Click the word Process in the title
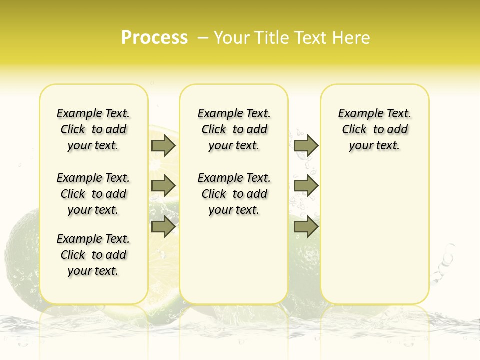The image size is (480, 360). [x=154, y=38]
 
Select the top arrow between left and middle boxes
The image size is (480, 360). [x=163, y=145]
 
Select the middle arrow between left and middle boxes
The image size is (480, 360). [x=163, y=186]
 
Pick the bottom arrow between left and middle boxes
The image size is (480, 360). [x=163, y=227]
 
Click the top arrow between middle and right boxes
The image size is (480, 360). [x=306, y=145]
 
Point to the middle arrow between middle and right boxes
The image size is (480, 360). [x=306, y=186]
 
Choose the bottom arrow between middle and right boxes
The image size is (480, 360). [x=306, y=227]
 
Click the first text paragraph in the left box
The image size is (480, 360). [x=93, y=129]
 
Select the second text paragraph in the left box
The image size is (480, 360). [x=93, y=194]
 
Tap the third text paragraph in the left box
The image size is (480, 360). [x=93, y=255]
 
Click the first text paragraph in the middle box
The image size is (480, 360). [x=234, y=129]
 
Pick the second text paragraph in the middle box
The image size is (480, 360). [x=234, y=194]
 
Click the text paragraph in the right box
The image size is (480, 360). [x=375, y=129]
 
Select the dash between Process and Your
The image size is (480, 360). [x=203, y=38]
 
